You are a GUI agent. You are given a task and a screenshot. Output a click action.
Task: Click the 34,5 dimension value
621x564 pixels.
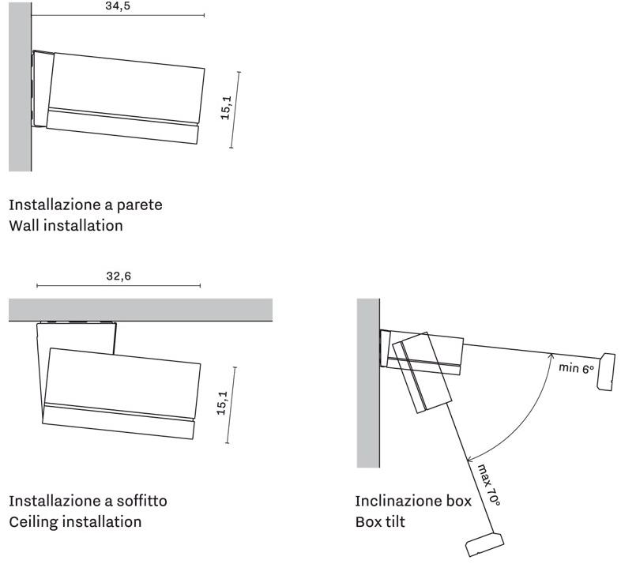click(x=118, y=6)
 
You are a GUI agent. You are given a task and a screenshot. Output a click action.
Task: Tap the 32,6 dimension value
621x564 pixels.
click(x=119, y=276)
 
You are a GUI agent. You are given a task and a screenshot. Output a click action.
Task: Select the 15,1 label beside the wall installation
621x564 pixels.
click(x=226, y=107)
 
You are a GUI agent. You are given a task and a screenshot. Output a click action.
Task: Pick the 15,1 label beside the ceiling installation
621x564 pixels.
click(x=222, y=403)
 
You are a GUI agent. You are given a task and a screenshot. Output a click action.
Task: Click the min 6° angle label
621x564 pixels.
click(x=576, y=368)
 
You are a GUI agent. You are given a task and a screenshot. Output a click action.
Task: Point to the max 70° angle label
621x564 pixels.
click(x=488, y=485)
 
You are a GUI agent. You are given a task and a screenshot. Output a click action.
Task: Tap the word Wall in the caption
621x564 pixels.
click(x=24, y=225)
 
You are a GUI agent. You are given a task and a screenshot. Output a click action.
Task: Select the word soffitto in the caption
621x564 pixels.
click(x=141, y=501)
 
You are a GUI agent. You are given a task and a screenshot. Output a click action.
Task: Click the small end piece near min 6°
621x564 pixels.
click(x=606, y=371)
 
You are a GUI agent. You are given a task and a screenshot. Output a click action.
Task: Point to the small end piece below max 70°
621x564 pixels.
click(x=485, y=544)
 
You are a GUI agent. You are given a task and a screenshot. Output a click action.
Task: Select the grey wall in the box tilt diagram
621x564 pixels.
click(x=368, y=383)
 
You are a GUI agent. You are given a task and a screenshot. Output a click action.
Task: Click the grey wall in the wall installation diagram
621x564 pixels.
click(x=20, y=87)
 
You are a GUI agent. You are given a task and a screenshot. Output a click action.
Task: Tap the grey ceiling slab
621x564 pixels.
click(x=141, y=310)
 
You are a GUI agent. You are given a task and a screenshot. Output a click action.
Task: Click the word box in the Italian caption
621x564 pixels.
click(x=459, y=501)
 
